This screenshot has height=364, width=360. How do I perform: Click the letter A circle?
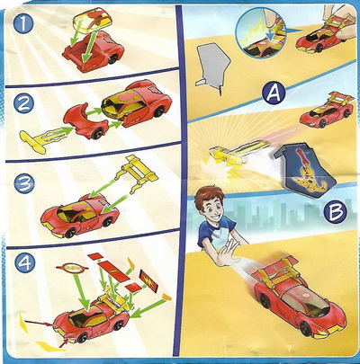(273, 93)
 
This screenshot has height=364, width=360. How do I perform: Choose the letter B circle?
(336, 211)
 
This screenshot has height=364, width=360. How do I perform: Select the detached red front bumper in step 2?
(85, 120)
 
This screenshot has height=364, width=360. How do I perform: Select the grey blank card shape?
(213, 67)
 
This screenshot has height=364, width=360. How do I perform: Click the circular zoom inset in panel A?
(258, 33)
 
